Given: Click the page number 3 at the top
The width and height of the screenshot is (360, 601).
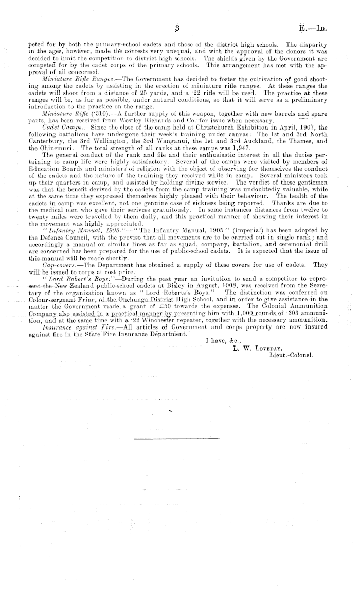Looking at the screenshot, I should [x=176, y=29].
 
